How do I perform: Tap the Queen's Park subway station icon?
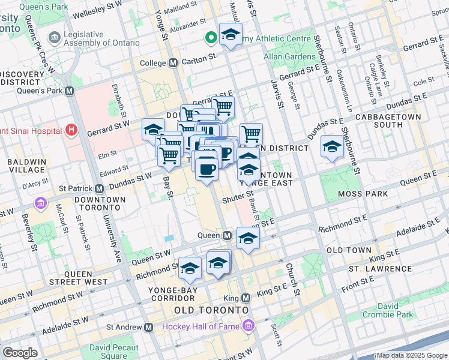pos(69,91)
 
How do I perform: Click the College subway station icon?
pos(173,63)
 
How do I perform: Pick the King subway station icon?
pos(246,298)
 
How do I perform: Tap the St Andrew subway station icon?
pos(148,327)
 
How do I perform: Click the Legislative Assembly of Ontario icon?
pos(54,37)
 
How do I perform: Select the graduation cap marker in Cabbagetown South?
pos(332,147)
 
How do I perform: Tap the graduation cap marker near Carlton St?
pos(230,35)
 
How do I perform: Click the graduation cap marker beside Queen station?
pos(247,238)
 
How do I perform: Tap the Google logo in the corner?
pos(20,353)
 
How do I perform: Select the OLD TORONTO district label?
pos(211,310)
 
